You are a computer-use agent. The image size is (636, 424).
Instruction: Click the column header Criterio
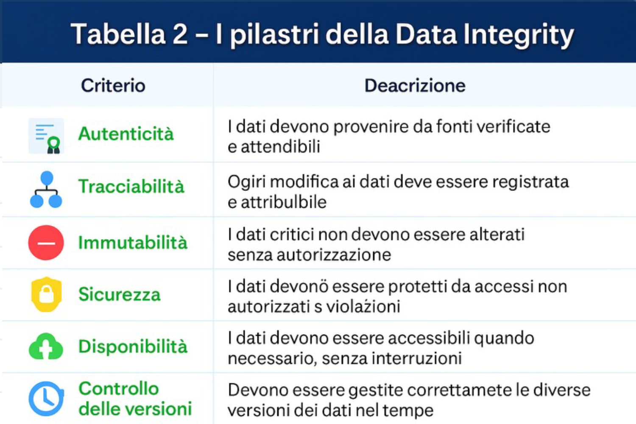[x=113, y=86]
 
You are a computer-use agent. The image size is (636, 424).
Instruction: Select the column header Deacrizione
[x=415, y=86]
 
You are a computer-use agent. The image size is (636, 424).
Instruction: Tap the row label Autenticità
[x=126, y=134]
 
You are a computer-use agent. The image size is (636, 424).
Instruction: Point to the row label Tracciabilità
[x=131, y=186]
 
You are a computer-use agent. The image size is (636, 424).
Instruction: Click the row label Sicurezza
[x=120, y=294]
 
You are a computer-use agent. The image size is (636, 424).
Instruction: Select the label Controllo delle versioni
[x=135, y=399]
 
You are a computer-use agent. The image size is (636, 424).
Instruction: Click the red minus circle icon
[x=46, y=243]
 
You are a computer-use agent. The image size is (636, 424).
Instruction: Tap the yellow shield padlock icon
[x=46, y=295]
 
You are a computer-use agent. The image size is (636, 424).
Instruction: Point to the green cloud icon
[x=46, y=346]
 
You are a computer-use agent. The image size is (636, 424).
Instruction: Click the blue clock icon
[x=46, y=399]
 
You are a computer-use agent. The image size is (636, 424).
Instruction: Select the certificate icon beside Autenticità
[x=46, y=136]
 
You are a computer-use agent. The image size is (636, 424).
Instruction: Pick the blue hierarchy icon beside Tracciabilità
[x=46, y=189]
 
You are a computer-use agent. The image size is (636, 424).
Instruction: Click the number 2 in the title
[x=180, y=34]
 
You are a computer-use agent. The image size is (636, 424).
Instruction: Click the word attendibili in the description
[x=281, y=147]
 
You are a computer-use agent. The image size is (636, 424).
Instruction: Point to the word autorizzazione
[x=334, y=255]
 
